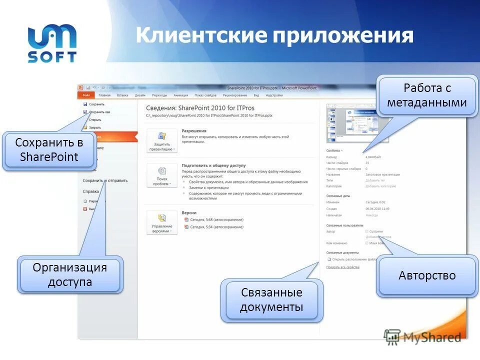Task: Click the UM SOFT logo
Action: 52,43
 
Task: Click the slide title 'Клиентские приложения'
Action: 274,35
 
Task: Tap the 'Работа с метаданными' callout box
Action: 427,95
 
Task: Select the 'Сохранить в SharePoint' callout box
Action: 49,149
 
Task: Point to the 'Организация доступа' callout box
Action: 69,274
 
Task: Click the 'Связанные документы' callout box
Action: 271,299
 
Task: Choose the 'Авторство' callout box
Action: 427,275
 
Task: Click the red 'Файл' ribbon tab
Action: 86,95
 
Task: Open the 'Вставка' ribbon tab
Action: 122,95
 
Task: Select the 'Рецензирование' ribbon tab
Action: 235,95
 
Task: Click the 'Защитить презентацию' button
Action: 161,141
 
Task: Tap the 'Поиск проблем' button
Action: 161,175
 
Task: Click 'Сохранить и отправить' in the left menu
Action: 105,180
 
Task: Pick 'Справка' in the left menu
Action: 90,191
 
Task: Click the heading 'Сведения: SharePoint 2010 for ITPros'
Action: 200,107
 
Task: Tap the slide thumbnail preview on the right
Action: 345,122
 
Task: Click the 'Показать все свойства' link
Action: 342,267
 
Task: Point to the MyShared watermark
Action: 423,337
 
